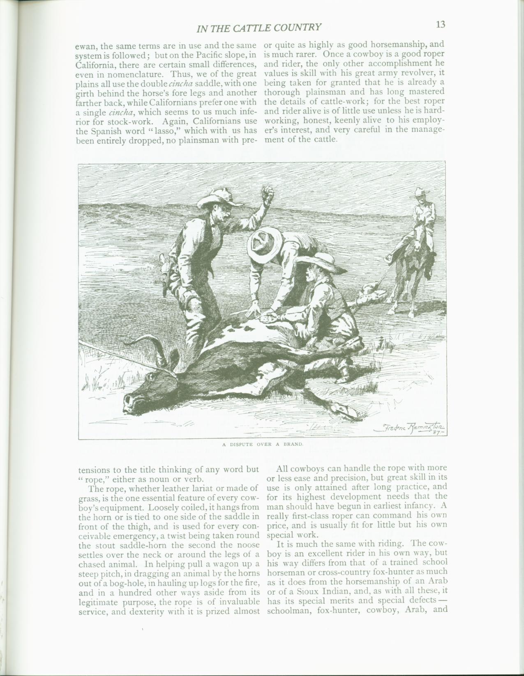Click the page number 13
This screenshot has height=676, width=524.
(x=441, y=25)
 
